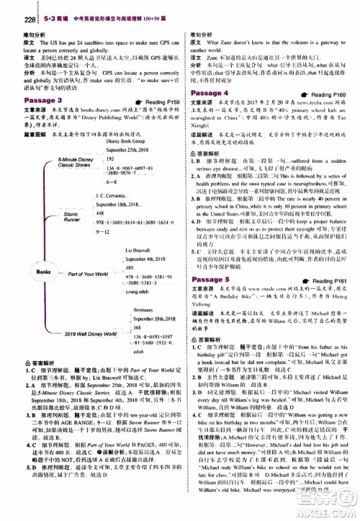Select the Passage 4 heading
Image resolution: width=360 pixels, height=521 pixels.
207,93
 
